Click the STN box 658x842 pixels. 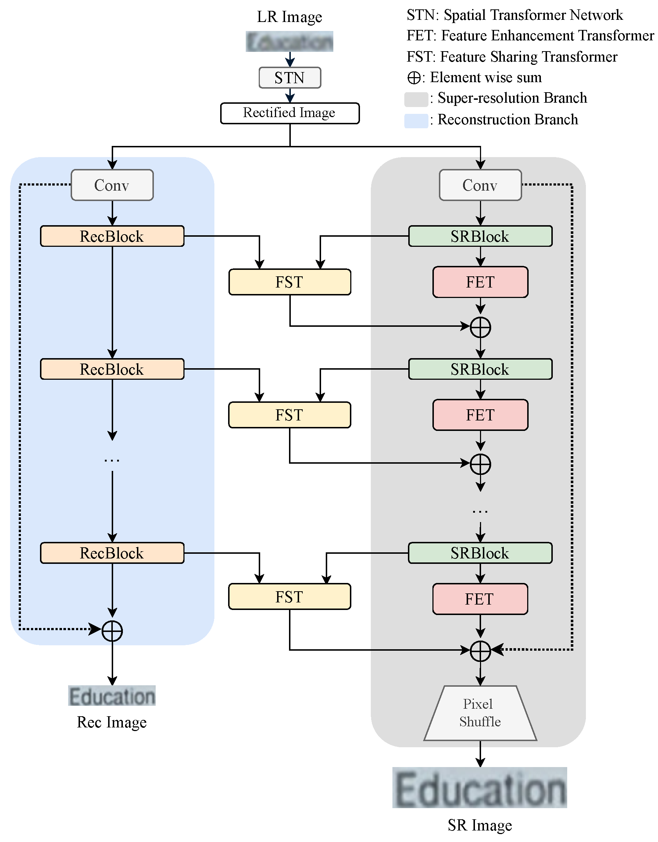[290, 77]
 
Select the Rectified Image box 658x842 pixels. [290, 113]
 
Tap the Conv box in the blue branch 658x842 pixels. [112, 185]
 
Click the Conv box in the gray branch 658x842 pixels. [480, 185]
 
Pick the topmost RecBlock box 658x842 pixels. [112, 236]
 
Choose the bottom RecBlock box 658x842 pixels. [112, 553]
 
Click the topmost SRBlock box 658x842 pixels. [480, 236]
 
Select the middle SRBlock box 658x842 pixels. [480, 369]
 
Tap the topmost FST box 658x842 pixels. [290, 282]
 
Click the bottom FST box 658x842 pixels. [290, 596]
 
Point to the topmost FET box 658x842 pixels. [480, 282]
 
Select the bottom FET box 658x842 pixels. [480, 599]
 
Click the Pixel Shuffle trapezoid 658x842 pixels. [480, 713]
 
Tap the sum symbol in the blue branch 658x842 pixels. [112, 631]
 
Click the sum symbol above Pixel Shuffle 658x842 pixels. [480, 651]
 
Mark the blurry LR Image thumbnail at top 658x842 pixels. [290, 41]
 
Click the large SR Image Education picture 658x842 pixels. [480, 787]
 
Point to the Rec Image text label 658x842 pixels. [112, 722]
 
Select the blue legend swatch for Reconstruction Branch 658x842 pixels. [416, 121]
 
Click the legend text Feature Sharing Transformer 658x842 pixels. [528, 57]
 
